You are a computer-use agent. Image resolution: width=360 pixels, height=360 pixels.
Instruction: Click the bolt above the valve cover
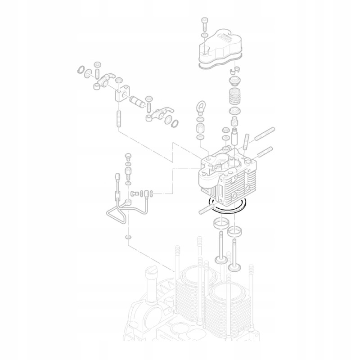[x=205, y=22]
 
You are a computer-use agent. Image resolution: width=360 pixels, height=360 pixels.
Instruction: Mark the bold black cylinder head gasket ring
[x=229, y=206]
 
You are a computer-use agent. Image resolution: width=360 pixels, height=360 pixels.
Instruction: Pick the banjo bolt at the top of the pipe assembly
[x=127, y=157]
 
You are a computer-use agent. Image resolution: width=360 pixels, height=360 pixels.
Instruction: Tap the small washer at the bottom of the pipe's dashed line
[x=129, y=237]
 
